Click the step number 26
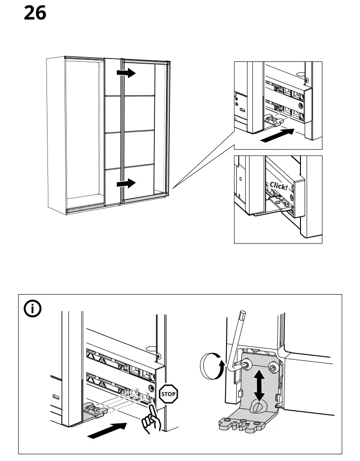point(35,13)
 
